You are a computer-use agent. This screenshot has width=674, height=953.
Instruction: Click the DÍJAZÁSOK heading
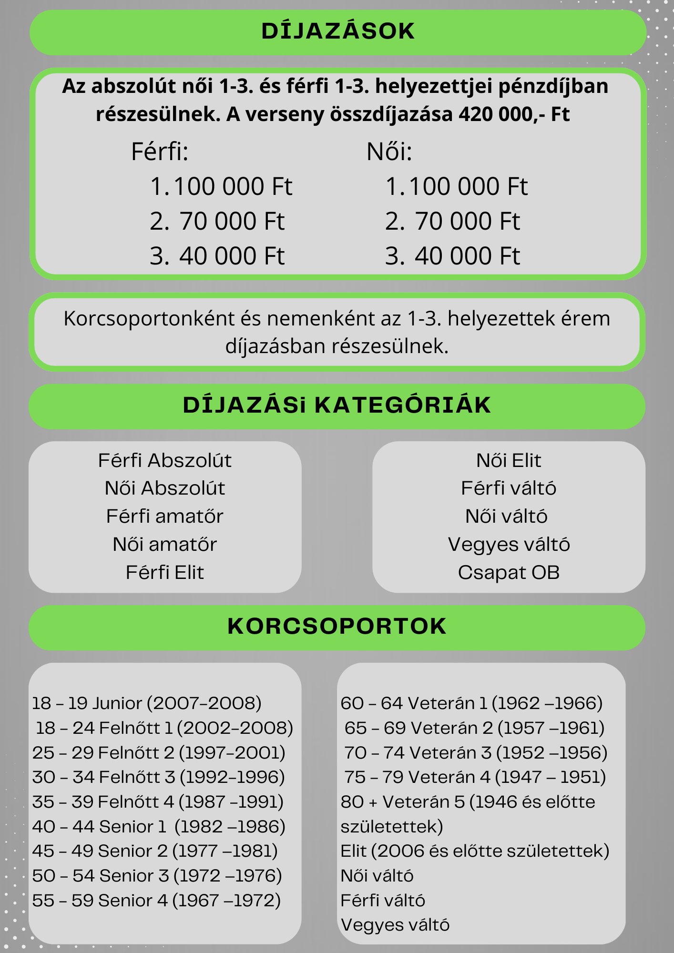[x=338, y=31]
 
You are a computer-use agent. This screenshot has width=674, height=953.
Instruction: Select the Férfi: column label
[x=160, y=152]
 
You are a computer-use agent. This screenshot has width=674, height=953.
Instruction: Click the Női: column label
[x=389, y=152]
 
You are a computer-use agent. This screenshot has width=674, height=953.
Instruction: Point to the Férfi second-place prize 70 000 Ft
[x=232, y=222]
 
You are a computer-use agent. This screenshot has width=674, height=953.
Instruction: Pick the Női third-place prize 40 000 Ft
[x=467, y=256]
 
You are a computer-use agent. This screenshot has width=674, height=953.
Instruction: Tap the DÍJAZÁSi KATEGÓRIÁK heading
[x=337, y=406]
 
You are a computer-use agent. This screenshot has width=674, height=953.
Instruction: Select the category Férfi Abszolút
[x=164, y=461]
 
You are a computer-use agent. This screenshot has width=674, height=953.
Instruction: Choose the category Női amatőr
[x=164, y=545]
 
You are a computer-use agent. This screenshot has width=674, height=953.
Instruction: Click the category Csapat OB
[x=509, y=573]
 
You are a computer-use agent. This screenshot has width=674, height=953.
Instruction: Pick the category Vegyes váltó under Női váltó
[x=509, y=545]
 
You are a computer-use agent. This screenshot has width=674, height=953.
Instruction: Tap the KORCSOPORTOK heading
[x=337, y=627]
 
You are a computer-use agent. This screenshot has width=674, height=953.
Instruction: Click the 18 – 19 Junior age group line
[x=147, y=703]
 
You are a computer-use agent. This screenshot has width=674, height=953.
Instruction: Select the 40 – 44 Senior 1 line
[x=159, y=827]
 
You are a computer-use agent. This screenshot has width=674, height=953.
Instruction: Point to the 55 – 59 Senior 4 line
[x=156, y=901]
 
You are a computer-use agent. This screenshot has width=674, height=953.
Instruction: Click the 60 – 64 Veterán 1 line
[x=471, y=703]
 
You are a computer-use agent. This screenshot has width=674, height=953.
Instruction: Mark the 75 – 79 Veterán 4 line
[x=475, y=777]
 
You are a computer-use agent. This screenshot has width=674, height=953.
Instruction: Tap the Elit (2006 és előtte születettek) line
[x=475, y=851]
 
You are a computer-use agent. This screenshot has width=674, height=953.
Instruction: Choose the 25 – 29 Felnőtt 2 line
[x=159, y=753]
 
